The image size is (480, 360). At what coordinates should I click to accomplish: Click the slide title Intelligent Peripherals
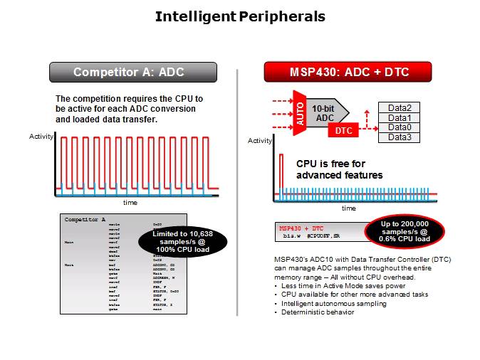pos(240,16)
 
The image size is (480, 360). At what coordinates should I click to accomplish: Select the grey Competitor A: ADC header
pos(122,72)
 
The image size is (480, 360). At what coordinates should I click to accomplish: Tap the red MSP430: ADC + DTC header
pos(348,72)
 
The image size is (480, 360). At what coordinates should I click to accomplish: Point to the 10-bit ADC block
pos(325,112)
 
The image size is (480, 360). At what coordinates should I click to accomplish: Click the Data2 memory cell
pos(399,107)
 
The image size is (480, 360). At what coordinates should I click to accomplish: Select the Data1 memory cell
pos(399,117)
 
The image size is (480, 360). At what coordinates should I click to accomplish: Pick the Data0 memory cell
pos(399,127)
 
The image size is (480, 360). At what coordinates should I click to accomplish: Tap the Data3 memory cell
pos(399,137)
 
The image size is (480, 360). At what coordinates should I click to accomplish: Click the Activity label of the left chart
pos(41,136)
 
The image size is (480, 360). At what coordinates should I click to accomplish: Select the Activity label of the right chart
pos(260,141)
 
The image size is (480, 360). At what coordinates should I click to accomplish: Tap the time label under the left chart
pos(130,203)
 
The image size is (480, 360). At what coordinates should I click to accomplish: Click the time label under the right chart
pos(348,208)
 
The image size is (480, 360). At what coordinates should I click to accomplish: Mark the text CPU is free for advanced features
pos(339,169)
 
